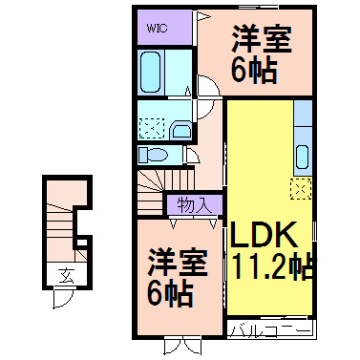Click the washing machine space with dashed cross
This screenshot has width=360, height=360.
pos(151,126)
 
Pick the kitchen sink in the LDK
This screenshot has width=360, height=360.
pos(304,155)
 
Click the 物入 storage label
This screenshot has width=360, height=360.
pos(195,204)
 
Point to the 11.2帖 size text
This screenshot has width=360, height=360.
pos(270,265)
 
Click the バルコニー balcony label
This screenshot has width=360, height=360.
pos(270,330)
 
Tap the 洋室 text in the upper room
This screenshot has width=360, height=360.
pos(261,41)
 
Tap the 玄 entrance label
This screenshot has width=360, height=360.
pos(67,276)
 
